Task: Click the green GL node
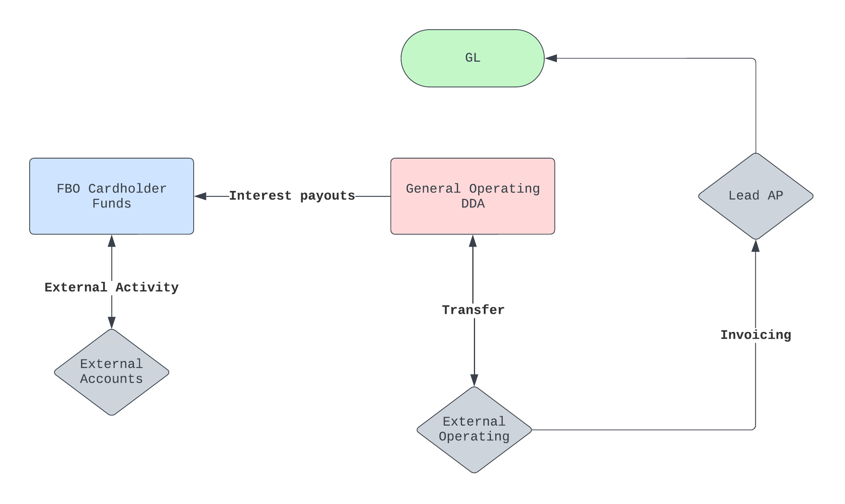(x=472, y=58)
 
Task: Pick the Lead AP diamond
(x=755, y=196)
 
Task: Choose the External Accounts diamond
(x=111, y=372)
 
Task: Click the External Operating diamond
(x=474, y=430)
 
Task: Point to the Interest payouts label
(x=292, y=196)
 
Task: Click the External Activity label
(x=111, y=287)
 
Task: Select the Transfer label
(x=473, y=310)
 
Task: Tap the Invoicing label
(x=755, y=335)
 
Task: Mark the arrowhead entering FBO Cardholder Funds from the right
(x=200, y=196)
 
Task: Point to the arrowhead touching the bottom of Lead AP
(x=755, y=246)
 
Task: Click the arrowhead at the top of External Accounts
(x=112, y=323)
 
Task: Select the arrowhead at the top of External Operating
(x=474, y=380)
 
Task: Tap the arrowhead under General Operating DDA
(x=473, y=241)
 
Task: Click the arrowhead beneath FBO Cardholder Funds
(x=112, y=241)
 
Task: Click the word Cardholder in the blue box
(x=127, y=189)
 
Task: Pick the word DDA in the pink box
(x=473, y=204)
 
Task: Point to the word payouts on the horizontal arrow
(x=327, y=196)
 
